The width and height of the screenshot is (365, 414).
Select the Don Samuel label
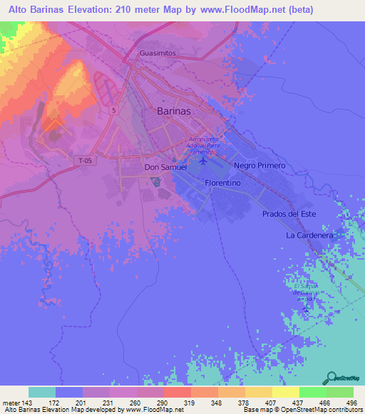point(165,167)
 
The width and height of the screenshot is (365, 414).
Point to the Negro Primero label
point(259,165)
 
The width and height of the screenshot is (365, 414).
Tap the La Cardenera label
point(309,234)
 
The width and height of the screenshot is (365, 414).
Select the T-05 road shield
point(85,161)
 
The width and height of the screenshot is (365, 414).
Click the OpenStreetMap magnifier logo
point(331,377)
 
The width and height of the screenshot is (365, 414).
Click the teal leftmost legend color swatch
point(42,392)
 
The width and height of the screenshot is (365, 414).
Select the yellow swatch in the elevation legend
point(285,392)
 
